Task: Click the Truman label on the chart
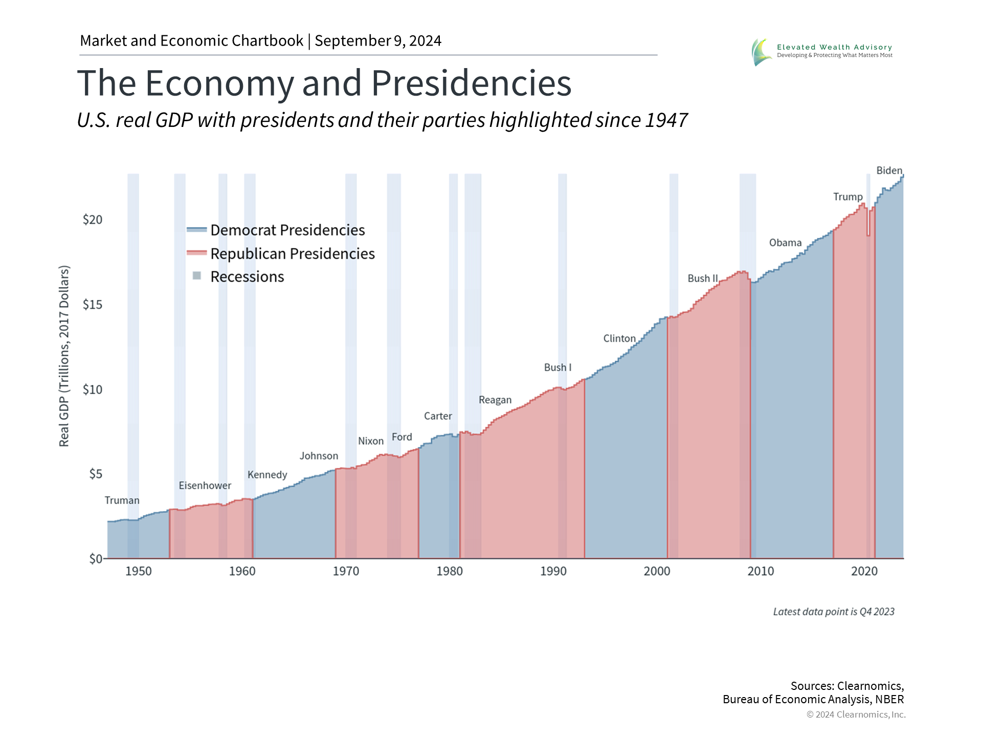pyautogui.click(x=122, y=501)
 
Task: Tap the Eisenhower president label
pyautogui.click(x=205, y=486)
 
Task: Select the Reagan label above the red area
pyautogui.click(x=495, y=400)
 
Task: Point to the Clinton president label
pyautogui.click(x=619, y=339)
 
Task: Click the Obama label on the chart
pyautogui.click(x=785, y=243)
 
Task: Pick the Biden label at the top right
pyautogui.click(x=889, y=171)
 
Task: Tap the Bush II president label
pyautogui.click(x=702, y=279)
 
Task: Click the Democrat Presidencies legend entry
pyautogui.click(x=287, y=230)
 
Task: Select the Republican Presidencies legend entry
pyautogui.click(x=292, y=254)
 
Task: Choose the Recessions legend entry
pyautogui.click(x=247, y=277)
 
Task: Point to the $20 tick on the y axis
pyautogui.click(x=93, y=220)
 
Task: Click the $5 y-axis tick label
pyautogui.click(x=96, y=474)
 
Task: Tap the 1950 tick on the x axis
pyautogui.click(x=139, y=572)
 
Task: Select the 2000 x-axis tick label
pyautogui.click(x=657, y=572)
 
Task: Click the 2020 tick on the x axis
pyautogui.click(x=864, y=572)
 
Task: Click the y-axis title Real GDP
pyautogui.click(x=64, y=356)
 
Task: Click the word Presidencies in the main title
pyautogui.click(x=471, y=83)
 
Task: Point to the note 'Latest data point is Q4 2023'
pyautogui.click(x=833, y=612)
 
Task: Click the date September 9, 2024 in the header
pyautogui.click(x=378, y=41)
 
